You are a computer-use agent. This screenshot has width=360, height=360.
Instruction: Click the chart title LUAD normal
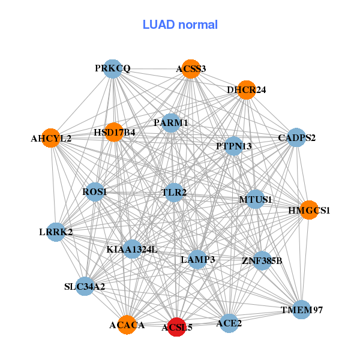point(180,25)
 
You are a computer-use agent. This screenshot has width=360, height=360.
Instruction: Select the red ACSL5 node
point(176,327)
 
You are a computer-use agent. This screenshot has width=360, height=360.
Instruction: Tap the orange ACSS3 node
point(190,69)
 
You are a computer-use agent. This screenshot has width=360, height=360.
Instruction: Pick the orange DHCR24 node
point(246,90)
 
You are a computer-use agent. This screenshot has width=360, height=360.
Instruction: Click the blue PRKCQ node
point(113,69)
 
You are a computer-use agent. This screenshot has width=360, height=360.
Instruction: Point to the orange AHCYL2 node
point(51,138)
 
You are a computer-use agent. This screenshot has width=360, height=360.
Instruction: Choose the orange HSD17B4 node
point(114,132)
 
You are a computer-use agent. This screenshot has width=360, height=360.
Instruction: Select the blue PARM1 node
point(171,123)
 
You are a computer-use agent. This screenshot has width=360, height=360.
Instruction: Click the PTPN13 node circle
point(233,146)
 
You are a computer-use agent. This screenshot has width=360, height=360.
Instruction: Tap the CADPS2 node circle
point(296,138)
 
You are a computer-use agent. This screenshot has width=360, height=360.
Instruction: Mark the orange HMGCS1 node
point(309,210)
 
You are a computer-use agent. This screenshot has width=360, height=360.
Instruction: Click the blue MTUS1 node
point(256,199)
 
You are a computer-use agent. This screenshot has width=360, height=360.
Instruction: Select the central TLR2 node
point(174,193)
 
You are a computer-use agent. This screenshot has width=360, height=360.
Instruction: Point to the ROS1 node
point(95,192)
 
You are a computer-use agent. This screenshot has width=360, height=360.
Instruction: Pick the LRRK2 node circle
point(56,232)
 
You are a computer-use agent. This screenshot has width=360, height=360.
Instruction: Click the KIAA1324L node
point(132,249)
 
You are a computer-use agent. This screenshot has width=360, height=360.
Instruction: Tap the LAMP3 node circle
point(198,259)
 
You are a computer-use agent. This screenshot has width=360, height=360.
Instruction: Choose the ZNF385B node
point(262,260)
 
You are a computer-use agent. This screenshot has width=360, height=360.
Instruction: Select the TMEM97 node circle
point(302,310)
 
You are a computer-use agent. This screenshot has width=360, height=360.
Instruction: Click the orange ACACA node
point(127,325)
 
